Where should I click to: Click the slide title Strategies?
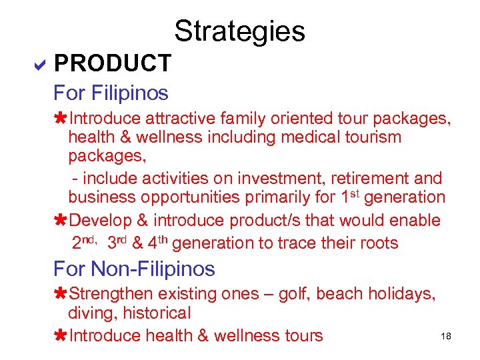[x=239, y=31]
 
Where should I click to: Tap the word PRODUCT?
[x=113, y=64]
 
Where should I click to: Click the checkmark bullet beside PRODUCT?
[x=39, y=65]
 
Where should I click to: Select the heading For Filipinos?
[x=111, y=92]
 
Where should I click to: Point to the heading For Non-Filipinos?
[x=134, y=269]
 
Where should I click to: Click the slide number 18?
[x=446, y=337]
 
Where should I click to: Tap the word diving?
[x=90, y=313]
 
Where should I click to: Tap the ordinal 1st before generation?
[x=343, y=197]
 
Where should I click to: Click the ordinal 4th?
[x=159, y=242]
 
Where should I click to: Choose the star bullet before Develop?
[x=60, y=221]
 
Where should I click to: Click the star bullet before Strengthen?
[x=60, y=294]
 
